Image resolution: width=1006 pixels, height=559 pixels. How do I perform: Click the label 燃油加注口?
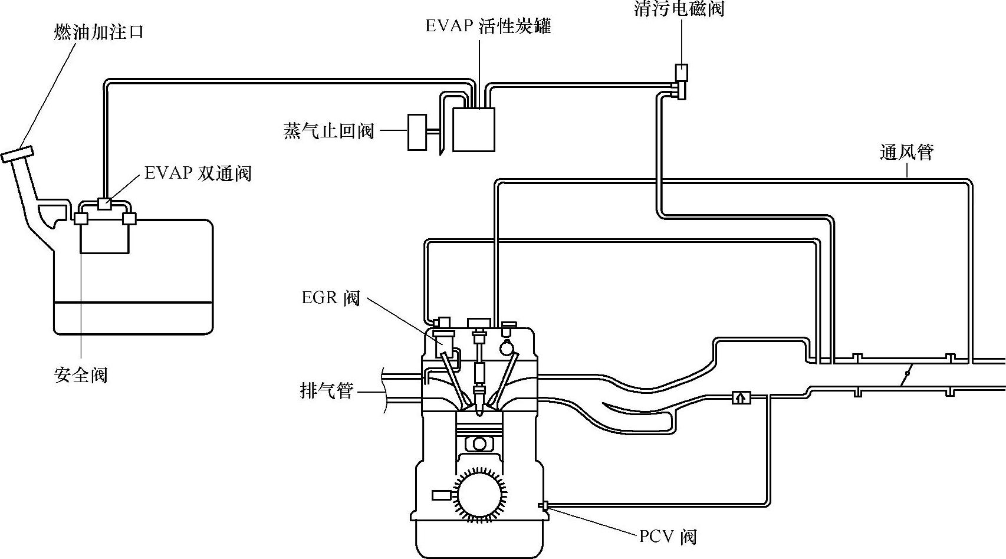pyautogui.click(x=98, y=32)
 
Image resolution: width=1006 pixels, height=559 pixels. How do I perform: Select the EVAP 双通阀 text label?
pyautogui.click(x=198, y=173)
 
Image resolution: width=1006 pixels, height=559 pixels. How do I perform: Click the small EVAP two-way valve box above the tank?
pyautogui.click(x=104, y=203)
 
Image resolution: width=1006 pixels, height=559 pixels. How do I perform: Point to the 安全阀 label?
pyautogui.click(x=81, y=374)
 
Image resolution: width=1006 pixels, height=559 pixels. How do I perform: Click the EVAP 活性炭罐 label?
pyautogui.click(x=488, y=27)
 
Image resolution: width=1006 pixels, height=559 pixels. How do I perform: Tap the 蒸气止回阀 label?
pyautogui.click(x=329, y=130)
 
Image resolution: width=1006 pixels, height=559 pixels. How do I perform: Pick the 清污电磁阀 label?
pyautogui.click(x=679, y=9)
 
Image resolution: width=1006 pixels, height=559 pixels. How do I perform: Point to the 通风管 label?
pyautogui.click(x=906, y=153)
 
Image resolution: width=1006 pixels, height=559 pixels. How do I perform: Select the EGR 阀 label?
pyautogui.click(x=330, y=298)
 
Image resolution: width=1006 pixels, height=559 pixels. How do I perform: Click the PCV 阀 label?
pyautogui.click(x=668, y=537)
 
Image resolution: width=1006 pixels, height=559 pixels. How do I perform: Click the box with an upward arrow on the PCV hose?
pyautogui.click(x=741, y=397)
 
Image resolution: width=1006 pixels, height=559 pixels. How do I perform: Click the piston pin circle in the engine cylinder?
pyautogui.click(x=480, y=443)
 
